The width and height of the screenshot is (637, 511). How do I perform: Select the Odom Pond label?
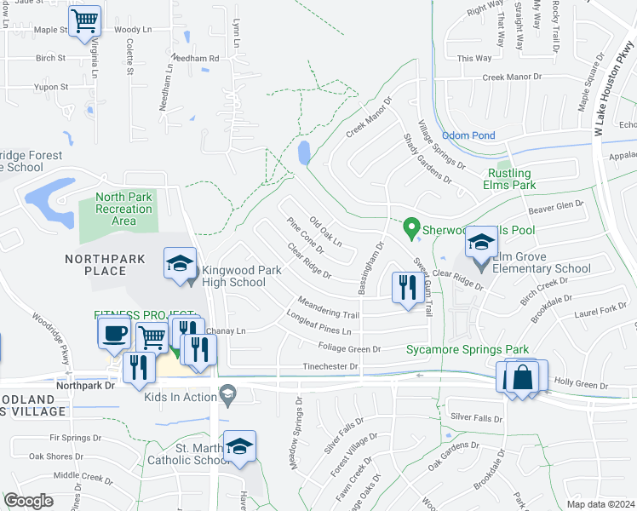click(x=468, y=135)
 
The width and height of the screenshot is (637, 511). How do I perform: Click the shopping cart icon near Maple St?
click(x=84, y=22)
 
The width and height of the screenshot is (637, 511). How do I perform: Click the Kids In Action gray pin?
click(x=227, y=394)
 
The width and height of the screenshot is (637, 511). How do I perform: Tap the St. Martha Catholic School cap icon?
click(x=240, y=446)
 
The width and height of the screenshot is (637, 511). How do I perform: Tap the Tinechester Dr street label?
click(x=331, y=366)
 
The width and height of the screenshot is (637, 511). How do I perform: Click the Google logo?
click(x=29, y=501)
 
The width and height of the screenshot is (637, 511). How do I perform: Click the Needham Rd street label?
click(x=195, y=58)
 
